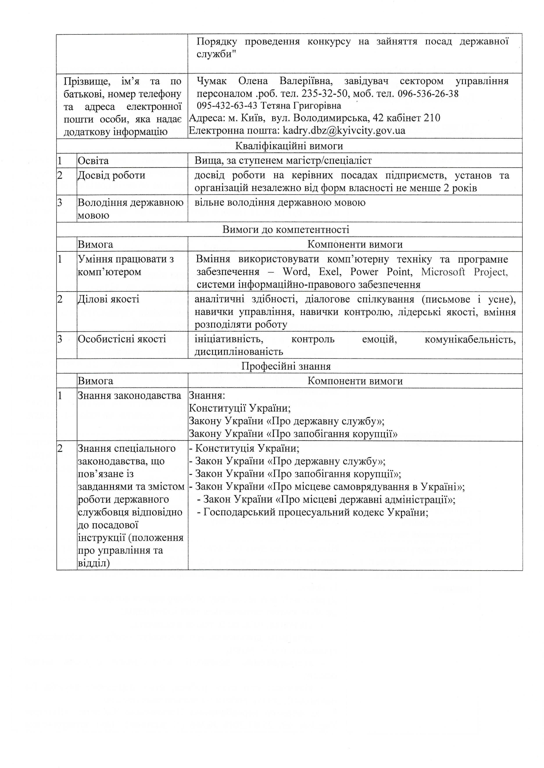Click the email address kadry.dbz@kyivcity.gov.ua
coord(344,130)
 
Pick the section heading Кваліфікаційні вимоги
coord(289,146)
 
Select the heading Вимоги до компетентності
coord(286,229)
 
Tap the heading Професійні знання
coord(286,366)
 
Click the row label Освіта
coord(93,161)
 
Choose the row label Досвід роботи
coord(111,175)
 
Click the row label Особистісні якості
coord(122,339)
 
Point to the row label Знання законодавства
coord(129,396)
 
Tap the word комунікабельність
coord(470,339)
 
